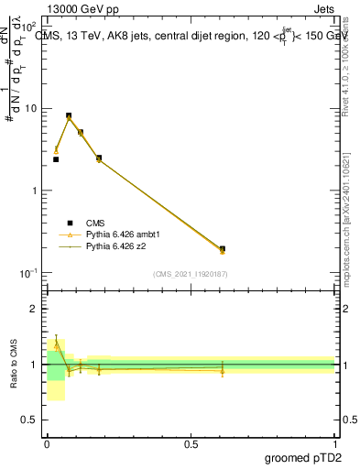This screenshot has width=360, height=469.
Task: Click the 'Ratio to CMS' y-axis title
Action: point(15,364)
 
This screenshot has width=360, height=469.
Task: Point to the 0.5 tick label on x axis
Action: point(191,443)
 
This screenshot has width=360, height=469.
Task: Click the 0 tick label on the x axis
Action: point(47,443)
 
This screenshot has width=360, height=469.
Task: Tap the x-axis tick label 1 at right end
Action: point(335,443)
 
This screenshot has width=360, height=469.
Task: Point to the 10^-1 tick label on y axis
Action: point(28,273)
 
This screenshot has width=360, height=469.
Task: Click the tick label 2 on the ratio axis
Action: point(35,309)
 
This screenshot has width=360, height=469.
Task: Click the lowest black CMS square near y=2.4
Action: point(56,159)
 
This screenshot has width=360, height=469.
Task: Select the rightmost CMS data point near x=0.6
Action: point(223,248)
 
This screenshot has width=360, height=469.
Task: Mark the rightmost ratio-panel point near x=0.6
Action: point(223,369)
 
